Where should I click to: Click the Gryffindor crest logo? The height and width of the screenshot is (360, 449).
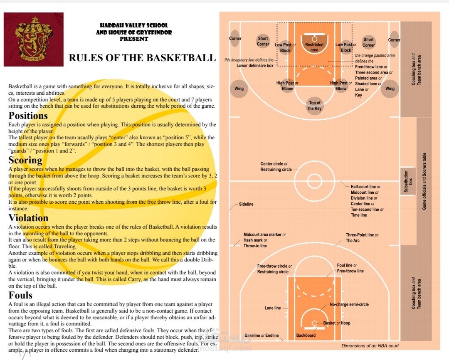tap(34, 39)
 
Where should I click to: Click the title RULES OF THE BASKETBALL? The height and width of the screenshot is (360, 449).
tap(142, 58)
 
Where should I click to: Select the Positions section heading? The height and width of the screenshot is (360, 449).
tap(28, 116)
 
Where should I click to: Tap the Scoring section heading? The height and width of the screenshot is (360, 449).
tap(25, 160)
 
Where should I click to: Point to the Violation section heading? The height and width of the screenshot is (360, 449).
tap(28, 218)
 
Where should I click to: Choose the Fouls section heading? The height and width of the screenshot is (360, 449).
tap(20, 295)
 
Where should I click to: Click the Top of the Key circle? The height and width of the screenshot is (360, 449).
tap(314, 106)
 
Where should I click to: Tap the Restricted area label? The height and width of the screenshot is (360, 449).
tap(314, 47)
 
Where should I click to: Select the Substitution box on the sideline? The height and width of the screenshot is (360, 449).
tap(408, 181)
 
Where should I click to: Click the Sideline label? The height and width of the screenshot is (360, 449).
tap(246, 204)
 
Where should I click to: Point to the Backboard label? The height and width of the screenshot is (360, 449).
tap(306, 335)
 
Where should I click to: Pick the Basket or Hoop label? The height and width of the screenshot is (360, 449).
tap(337, 323)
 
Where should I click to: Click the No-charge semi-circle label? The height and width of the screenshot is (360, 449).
tap(349, 304)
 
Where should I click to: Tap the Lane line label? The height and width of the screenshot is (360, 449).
tap(273, 308)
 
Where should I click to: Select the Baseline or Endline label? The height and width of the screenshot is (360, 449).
tap(262, 335)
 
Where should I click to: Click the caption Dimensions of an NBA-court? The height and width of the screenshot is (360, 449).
tap(370, 346)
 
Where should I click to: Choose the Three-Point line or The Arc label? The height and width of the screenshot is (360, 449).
tap(362, 238)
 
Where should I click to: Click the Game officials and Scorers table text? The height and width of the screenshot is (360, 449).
tap(424, 181)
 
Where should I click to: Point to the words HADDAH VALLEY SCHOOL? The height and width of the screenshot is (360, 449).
tap(134, 25)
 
